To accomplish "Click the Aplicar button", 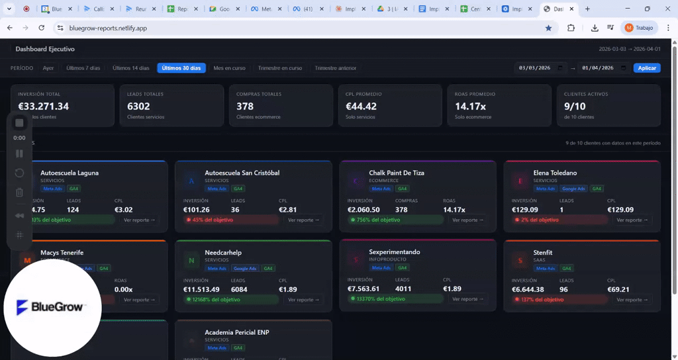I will point(647,68).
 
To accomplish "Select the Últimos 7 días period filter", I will point(83,68).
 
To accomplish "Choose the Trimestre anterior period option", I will point(335,68).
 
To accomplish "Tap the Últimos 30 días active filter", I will point(181,68).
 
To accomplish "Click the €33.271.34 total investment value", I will point(44,106).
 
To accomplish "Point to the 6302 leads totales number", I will point(139,106).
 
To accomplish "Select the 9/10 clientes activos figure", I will point(575,106).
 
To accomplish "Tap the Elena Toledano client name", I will point(555,173).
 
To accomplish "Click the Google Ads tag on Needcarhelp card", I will point(245,269).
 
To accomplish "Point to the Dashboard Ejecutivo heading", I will point(45,49).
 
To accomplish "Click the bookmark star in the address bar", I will point(548,28).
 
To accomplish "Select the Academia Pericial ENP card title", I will point(237,332).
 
